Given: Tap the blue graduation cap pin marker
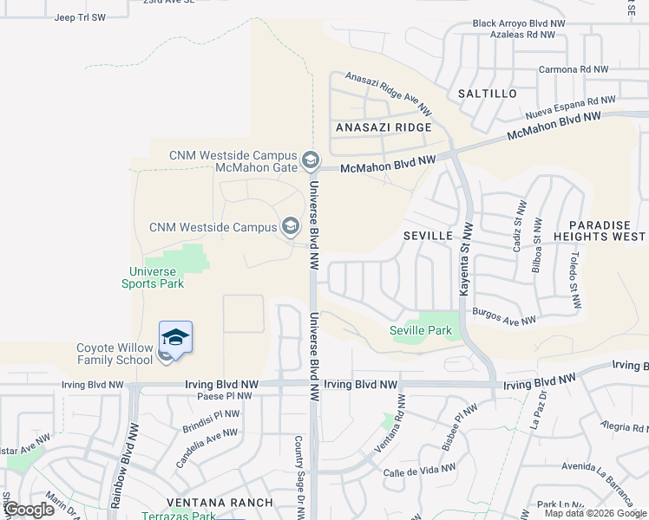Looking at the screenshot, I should tap(175, 338).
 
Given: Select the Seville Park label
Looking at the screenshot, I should tap(422, 330).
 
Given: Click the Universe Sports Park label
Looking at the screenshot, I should tap(151, 277).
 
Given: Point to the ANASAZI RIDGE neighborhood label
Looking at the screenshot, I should tap(383, 127).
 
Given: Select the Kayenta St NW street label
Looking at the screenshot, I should tap(465, 257).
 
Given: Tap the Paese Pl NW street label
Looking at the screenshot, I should tap(225, 396).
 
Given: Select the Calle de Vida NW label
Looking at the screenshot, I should tap(420, 471).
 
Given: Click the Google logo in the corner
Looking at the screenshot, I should tap(29, 509).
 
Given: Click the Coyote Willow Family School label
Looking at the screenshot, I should tap(115, 354).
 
